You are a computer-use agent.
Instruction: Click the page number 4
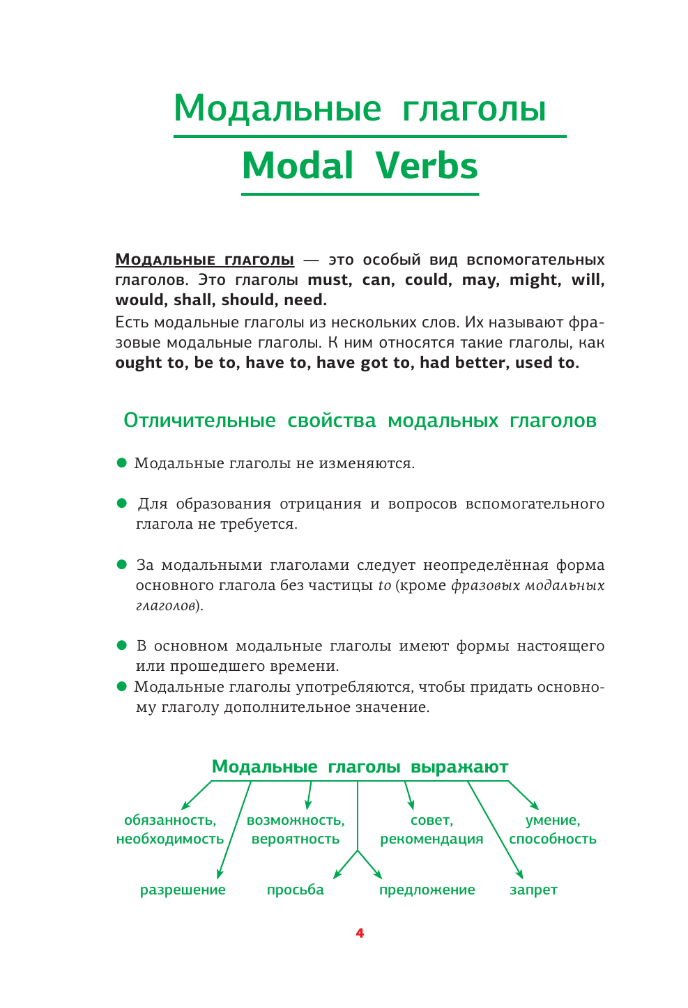360,933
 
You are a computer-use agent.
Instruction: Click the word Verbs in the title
427,166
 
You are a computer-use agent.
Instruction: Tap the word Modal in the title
298,166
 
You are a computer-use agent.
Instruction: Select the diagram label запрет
533,890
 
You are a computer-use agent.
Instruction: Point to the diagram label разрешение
183,890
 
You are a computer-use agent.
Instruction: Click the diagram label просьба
296,890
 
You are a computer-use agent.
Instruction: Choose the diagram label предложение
427,890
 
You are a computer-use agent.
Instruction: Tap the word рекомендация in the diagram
431,839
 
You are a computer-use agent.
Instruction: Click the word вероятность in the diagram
296,839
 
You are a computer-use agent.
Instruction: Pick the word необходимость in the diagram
170,839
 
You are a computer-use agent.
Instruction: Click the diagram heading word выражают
459,767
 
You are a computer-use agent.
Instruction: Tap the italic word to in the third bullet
385,586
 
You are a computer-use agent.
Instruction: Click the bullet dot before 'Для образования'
122,502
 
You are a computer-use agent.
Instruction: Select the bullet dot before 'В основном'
122,645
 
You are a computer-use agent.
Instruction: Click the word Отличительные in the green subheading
199,421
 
